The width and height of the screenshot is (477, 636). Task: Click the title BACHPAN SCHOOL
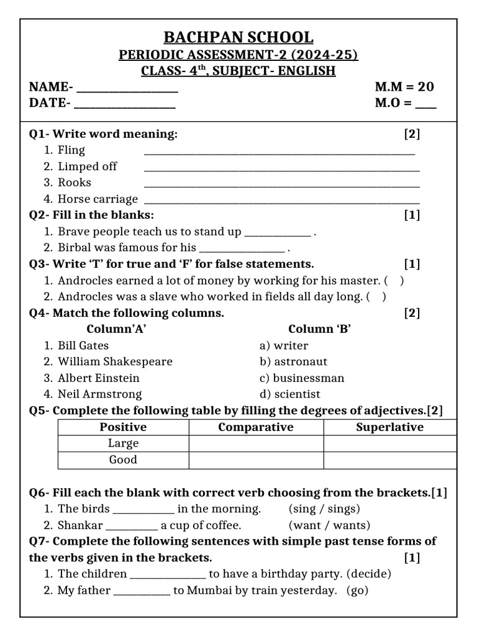click(x=238, y=37)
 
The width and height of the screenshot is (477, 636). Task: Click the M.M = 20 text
click(x=404, y=87)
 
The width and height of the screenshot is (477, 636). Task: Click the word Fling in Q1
click(x=71, y=150)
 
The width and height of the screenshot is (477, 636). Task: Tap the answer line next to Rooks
click(x=281, y=184)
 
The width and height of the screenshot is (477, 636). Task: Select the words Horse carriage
click(x=98, y=199)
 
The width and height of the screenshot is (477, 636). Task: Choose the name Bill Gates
click(x=83, y=345)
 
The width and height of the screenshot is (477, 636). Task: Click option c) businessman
click(x=302, y=378)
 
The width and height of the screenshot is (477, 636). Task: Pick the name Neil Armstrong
click(x=100, y=394)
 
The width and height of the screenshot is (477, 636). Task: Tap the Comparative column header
click(x=256, y=427)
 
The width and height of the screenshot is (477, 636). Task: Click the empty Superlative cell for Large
click(x=389, y=443)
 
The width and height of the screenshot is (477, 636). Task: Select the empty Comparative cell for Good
click(x=256, y=460)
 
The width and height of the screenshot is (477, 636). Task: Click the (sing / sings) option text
click(x=324, y=509)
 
